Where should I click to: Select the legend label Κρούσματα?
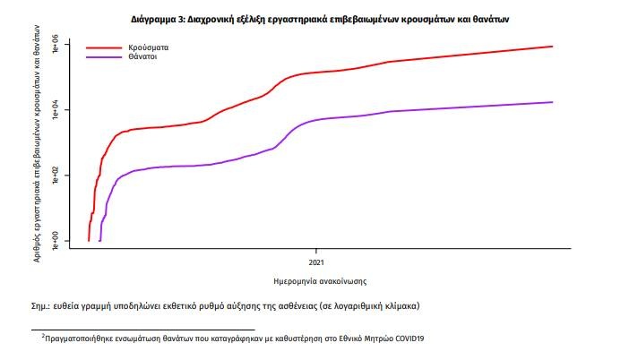coord(149,47)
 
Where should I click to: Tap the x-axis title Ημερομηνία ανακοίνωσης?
coord(320,279)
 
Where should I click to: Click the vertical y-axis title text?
coord(35,143)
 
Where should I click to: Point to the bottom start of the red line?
coord(89,240)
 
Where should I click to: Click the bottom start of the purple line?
coord(99,240)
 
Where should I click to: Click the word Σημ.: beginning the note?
coord(42,306)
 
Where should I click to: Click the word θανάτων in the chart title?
coord(490,18)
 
